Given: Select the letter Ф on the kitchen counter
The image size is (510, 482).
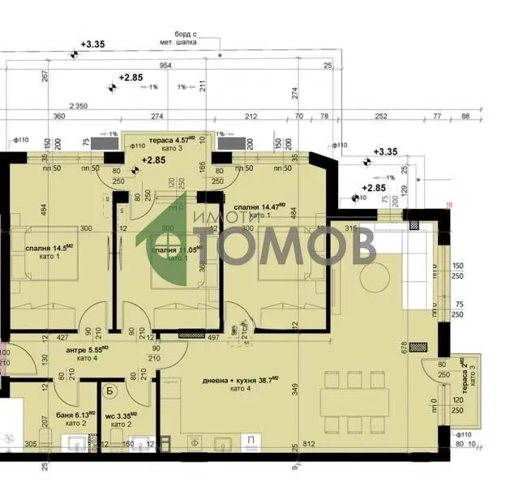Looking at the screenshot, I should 193,443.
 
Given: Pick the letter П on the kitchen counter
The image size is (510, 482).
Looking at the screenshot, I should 251,442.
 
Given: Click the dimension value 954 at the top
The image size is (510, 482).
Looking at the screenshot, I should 165,66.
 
